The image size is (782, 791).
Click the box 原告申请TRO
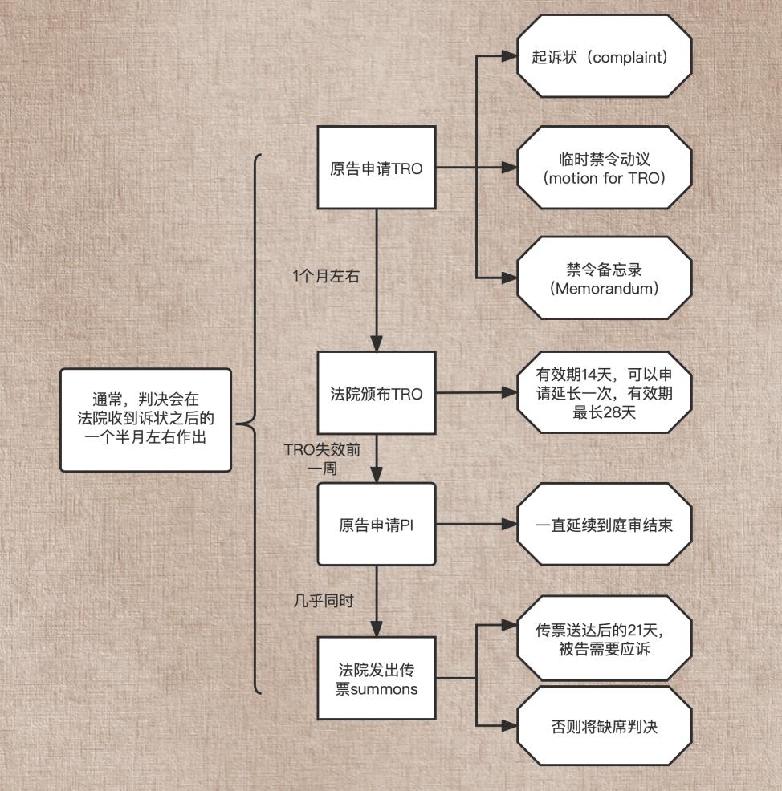[377, 168]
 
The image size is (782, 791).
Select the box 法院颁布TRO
[377, 394]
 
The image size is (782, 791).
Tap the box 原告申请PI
[377, 525]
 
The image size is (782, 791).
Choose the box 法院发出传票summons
[377, 678]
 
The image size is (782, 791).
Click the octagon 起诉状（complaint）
[604, 58]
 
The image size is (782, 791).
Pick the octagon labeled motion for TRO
[604, 168]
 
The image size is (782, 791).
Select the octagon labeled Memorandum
[604, 278]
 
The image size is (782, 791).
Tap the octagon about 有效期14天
[604, 394]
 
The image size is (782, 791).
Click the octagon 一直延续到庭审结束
[604, 525]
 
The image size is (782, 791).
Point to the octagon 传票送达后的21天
[604, 639]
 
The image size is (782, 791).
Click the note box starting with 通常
[145, 419]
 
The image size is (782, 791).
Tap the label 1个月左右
[325, 275]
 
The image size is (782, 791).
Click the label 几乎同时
[324, 600]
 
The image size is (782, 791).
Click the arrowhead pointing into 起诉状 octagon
[508, 58]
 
